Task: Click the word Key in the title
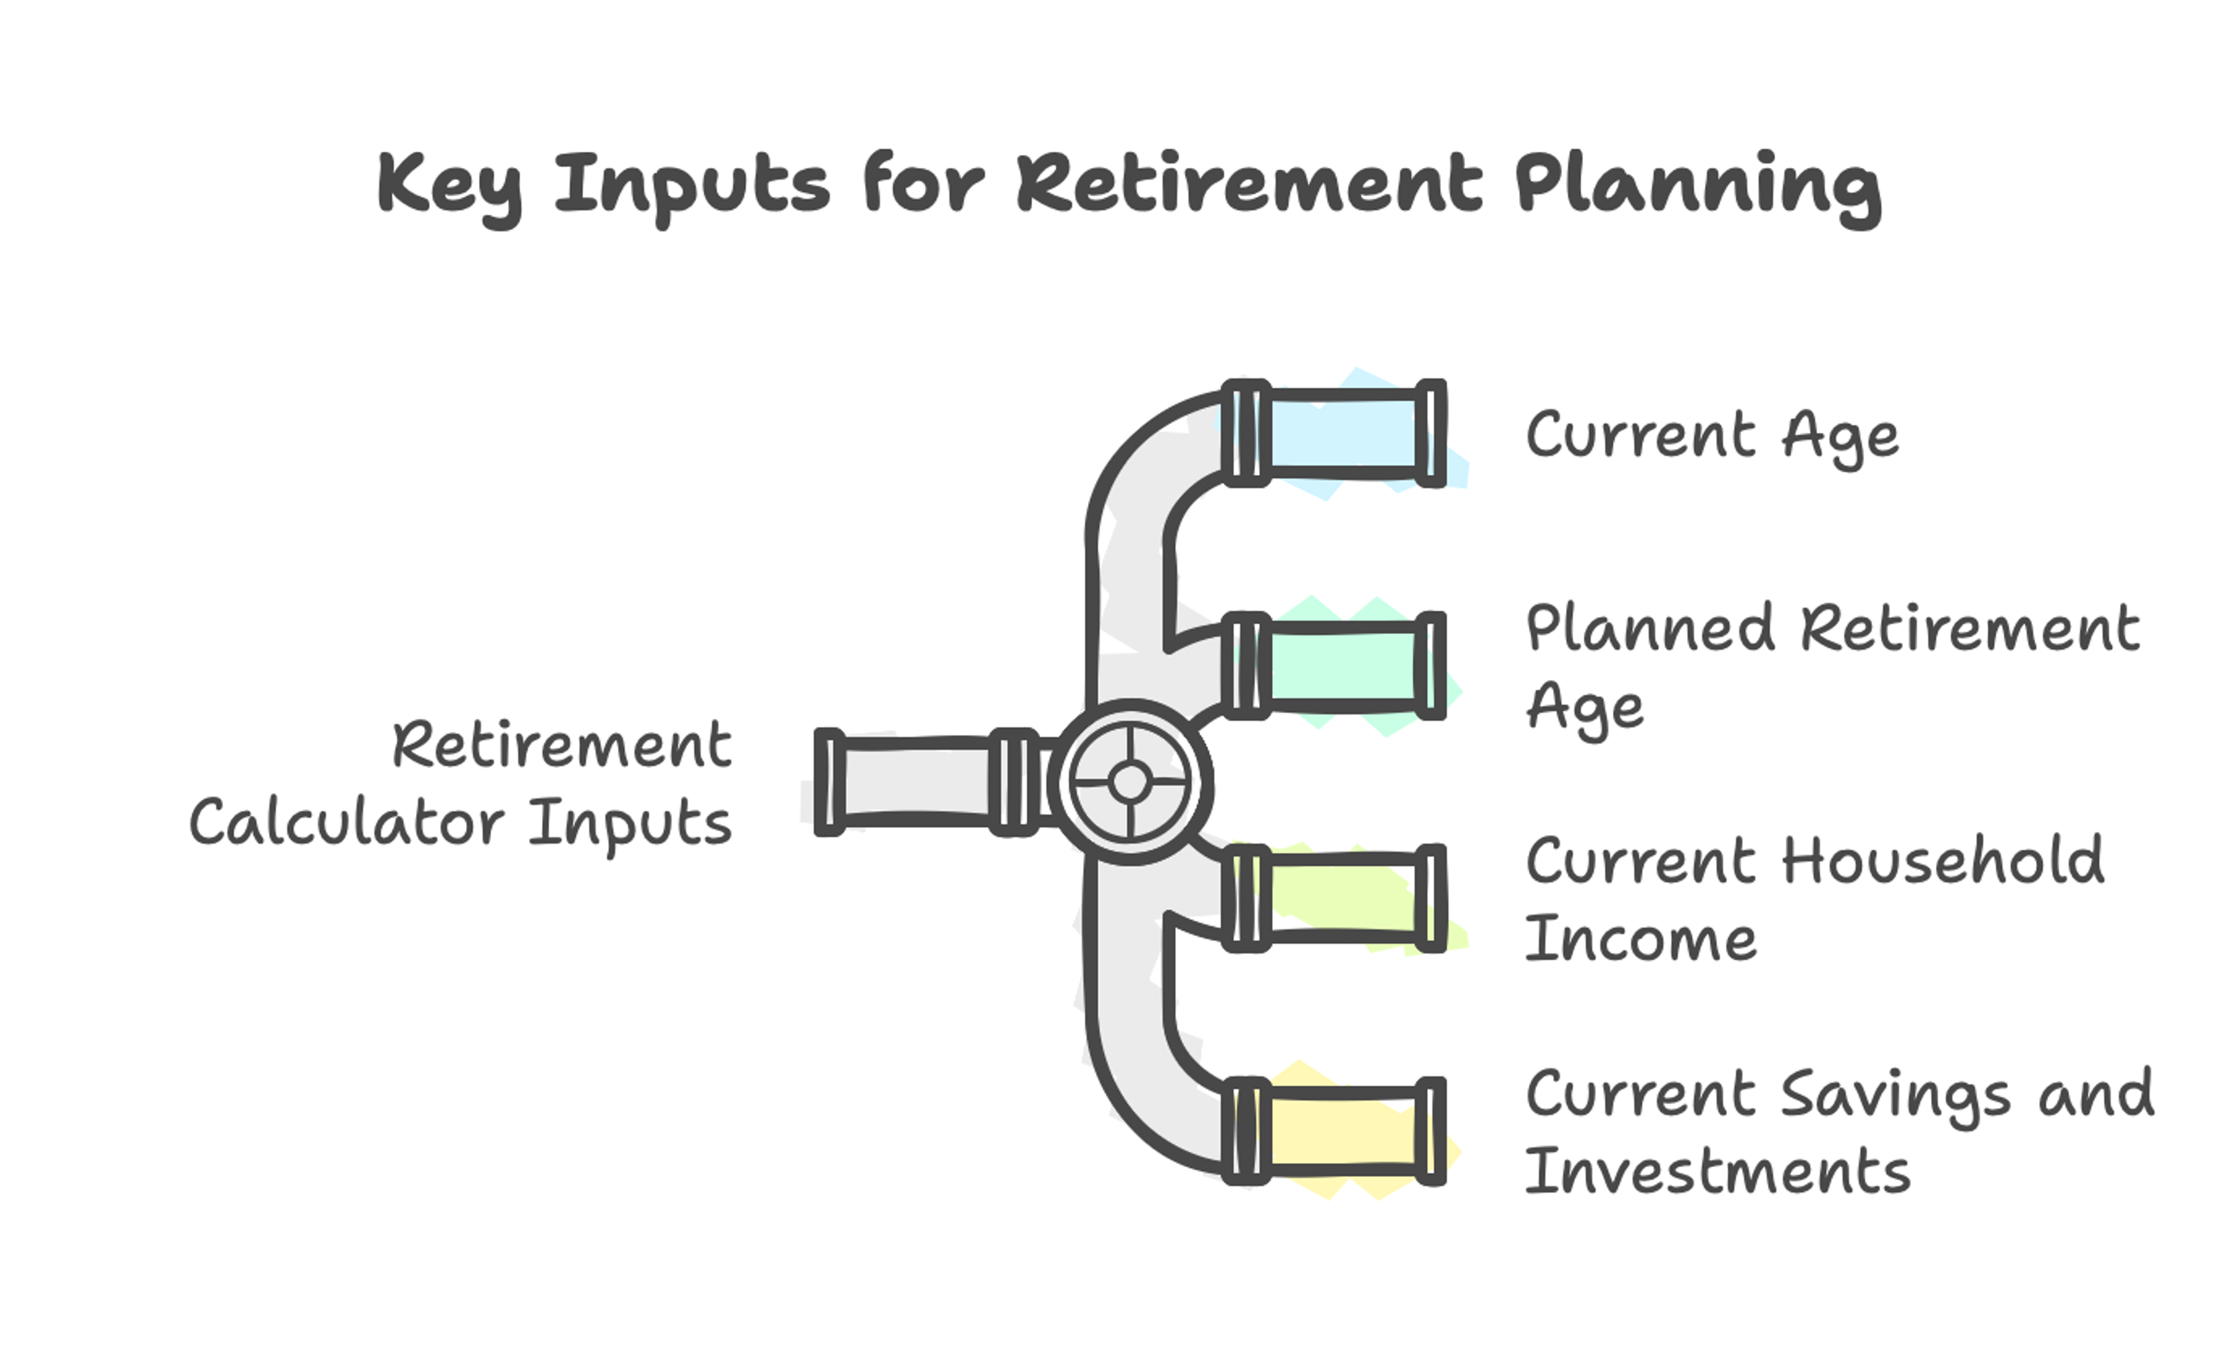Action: point(449,188)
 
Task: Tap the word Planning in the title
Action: point(1698,188)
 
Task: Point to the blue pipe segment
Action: point(1342,433)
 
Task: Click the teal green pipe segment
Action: point(1342,667)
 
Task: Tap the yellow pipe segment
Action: point(1342,1131)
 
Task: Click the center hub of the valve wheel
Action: point(1130,781)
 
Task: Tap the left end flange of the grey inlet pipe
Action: point(829,781)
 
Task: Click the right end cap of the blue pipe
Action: point(1430,433)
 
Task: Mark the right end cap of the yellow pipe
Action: point(1430,1131)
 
